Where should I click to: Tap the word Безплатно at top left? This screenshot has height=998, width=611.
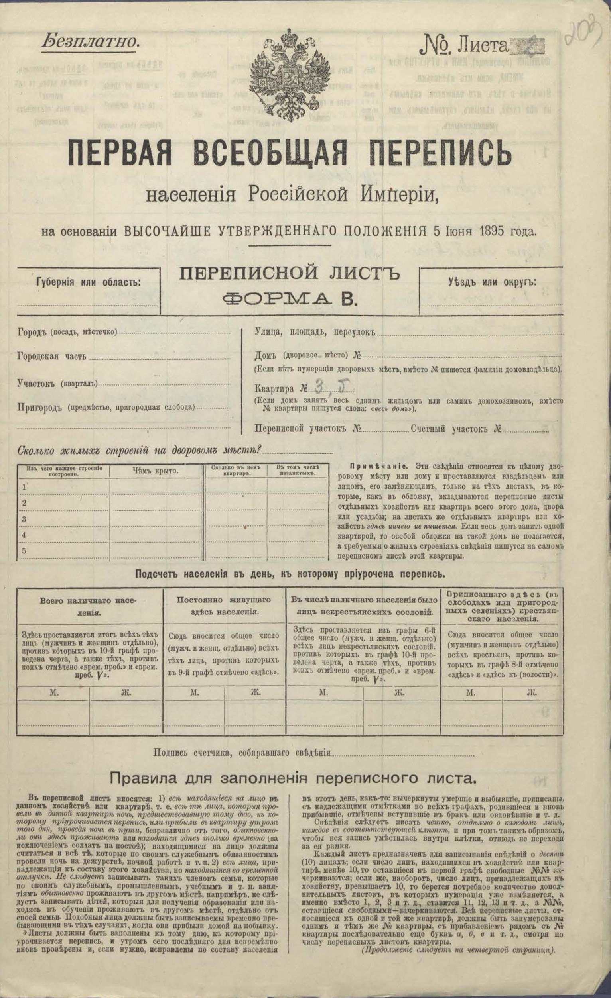point(91,42)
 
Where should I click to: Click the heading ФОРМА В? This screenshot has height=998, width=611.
point(289,298)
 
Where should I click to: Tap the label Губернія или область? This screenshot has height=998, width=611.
point(89,282)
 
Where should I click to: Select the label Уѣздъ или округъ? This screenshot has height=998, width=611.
point(492,282)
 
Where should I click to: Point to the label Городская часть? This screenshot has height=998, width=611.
point(51,357)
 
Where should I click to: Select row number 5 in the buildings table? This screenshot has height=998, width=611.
point(24,551)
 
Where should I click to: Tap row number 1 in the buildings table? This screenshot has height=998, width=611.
point(24,487)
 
